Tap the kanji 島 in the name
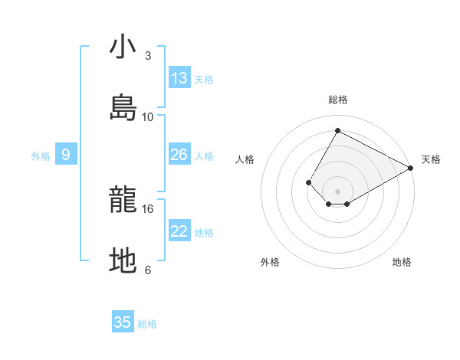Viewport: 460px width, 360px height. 123,107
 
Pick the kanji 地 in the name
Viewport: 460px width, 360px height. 123,261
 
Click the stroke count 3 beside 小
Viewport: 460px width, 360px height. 148,56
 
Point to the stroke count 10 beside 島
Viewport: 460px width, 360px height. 148,116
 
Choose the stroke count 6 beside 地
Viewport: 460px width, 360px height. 148,270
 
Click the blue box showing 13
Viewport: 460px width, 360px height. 179,77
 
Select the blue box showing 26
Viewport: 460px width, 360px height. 179,155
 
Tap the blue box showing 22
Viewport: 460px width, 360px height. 179,231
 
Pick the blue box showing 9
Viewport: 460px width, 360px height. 66,155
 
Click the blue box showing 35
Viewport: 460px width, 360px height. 123,322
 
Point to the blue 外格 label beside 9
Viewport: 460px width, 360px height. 41,156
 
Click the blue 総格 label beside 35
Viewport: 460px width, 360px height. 147,324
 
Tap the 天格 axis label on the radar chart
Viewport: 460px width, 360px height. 431,159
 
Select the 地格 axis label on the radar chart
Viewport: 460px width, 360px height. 402,262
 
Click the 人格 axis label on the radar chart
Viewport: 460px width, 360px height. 245,159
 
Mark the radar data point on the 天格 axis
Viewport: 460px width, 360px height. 411,168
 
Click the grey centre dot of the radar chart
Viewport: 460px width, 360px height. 337,191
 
